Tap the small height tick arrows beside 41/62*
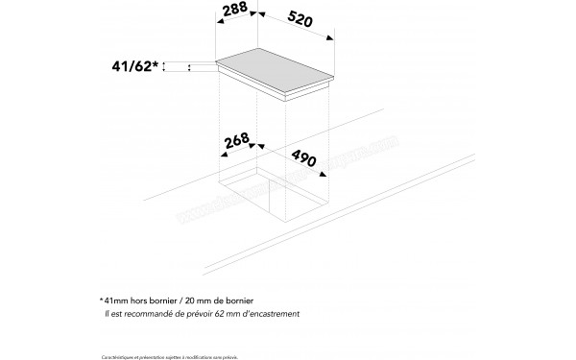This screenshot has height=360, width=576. (x=189, y=67)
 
